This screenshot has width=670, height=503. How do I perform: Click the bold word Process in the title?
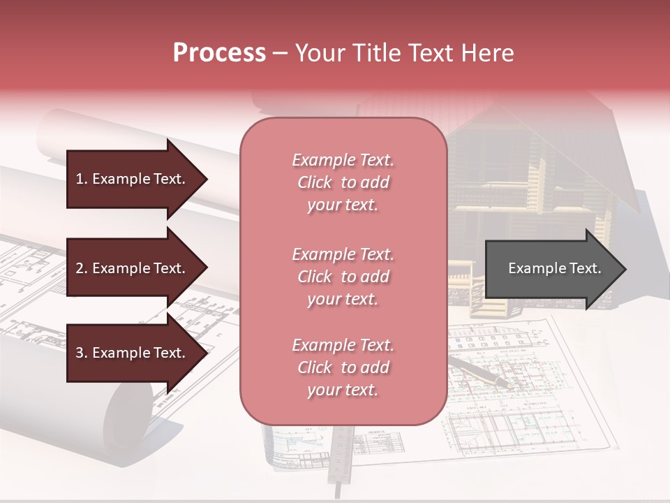point(219,53)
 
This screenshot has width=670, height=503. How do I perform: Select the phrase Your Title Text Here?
point(405,53)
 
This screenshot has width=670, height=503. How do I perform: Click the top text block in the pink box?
point(343,182)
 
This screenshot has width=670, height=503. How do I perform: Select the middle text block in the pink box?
point(343,276)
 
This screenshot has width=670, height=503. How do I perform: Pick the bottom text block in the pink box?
point(343,367)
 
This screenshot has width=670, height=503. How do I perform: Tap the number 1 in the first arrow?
point(80,179)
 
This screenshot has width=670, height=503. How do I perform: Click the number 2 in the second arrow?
point(80,268)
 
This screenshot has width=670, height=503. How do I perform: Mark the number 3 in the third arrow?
point(80,353)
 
